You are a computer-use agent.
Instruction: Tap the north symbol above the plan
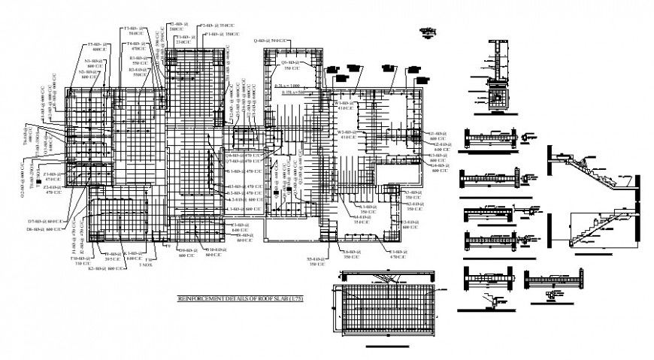coord(429,32)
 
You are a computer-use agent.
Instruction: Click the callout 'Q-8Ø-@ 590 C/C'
coord(269,41)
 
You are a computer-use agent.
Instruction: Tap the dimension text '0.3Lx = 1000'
coord(286,86)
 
